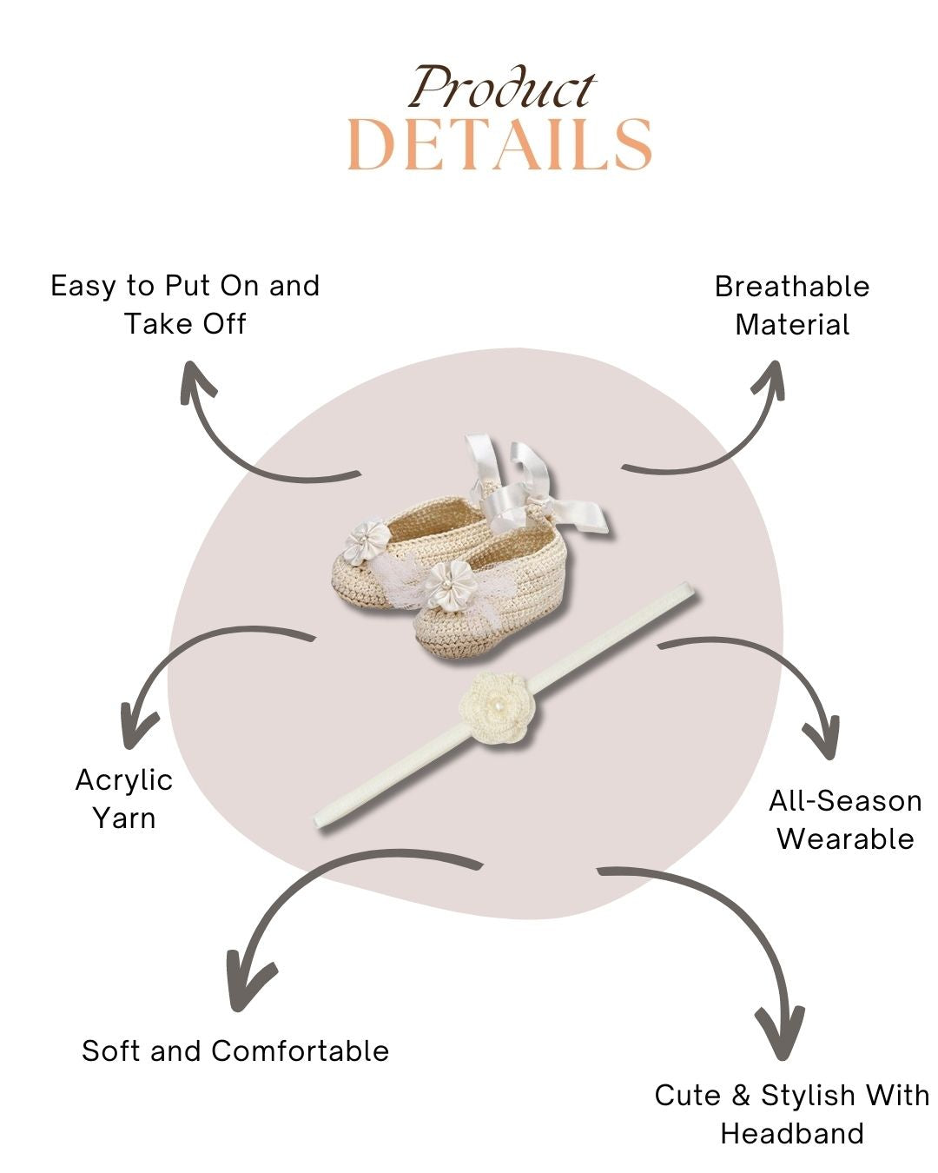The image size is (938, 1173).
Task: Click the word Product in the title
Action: [503, 89]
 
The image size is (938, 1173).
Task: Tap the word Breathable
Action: [791, 287]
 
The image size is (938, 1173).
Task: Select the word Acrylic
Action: [124, 780]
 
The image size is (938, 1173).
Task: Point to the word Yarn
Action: [124, 818]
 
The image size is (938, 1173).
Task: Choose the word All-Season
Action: [845, 801]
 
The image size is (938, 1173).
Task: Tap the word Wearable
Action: [845, 839]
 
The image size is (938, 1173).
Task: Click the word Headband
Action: [792, 1134]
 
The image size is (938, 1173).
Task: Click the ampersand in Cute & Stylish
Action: [741, 1096]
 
